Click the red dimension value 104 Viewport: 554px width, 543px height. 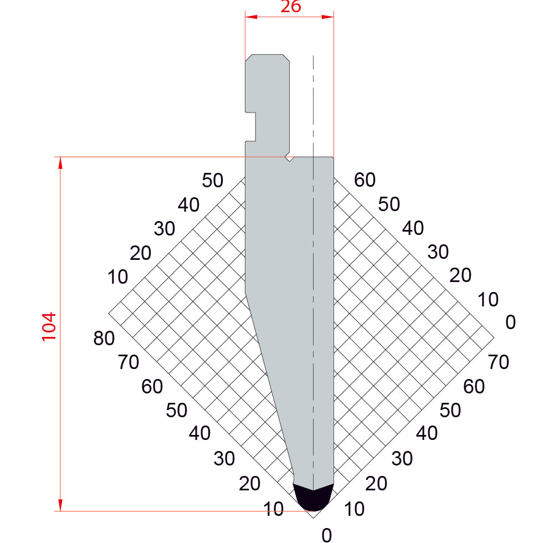click(x=49, y=327)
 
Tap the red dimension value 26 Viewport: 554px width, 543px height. click(x=291, y=6)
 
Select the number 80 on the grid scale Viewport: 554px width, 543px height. click(x=104, y=338)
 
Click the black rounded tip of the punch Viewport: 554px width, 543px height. click(x=313, y=498)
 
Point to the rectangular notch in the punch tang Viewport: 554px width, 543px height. click(x=250, y=127)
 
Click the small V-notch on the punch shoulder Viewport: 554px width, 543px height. click(x=290, y=158)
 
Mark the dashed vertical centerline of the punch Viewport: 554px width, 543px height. click(x=314, y=272)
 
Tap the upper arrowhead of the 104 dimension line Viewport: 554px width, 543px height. click(x=60, y=163)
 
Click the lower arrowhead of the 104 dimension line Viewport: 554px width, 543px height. click(x=60, y=505)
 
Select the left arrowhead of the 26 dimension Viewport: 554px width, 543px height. click(x=251, y=17)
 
